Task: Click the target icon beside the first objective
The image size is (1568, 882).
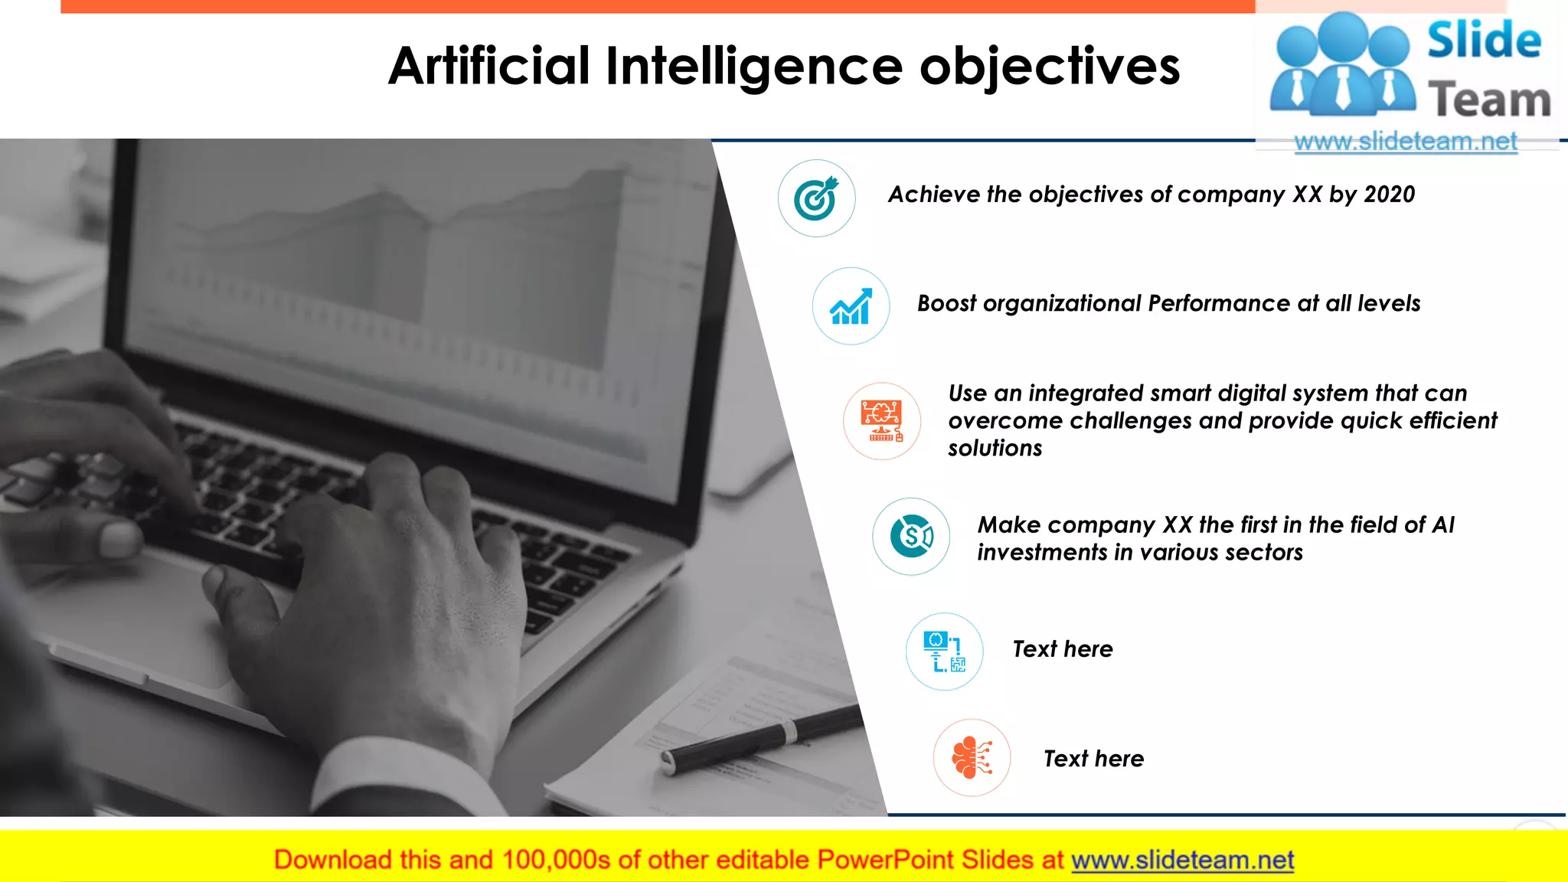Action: tap(816, 198)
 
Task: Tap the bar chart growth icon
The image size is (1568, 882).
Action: tap(851, 306)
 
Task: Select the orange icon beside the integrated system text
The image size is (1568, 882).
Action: tap(882, 421)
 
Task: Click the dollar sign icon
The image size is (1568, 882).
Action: tap(911, 536)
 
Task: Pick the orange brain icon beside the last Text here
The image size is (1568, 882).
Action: tap(972, 757)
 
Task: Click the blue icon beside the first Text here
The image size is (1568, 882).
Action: tap(944, 652)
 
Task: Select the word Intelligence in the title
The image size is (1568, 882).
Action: tap(754, 67)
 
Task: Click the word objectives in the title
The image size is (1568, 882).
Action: tap(1050, 67)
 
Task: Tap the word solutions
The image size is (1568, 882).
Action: tap(995, 448)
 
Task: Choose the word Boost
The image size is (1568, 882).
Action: tap(946, 304)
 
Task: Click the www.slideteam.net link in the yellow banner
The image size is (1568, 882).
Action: tap(1182, 860)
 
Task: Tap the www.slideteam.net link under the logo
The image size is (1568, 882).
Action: tap(1405, 142)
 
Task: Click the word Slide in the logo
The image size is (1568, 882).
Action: tap(1484, 41)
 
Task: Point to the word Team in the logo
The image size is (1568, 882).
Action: tap(1489, 100)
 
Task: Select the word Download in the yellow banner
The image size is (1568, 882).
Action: tap(332, 860)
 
